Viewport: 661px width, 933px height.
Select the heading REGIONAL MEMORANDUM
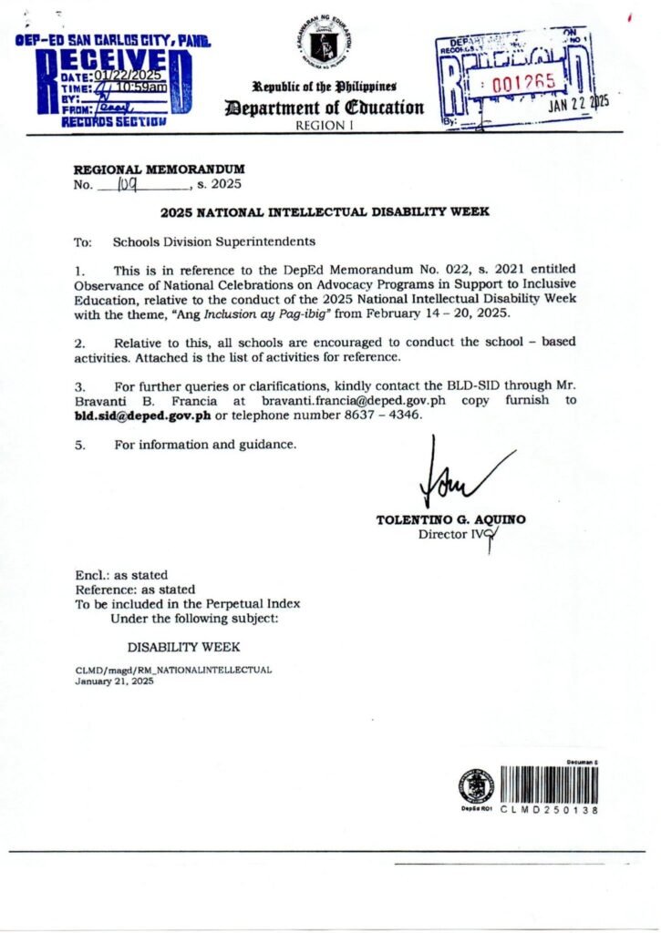(x=159, y=169)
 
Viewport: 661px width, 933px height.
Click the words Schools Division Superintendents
(x=214, y=242)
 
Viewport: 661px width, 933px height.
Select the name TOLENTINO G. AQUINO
(x=450, y=520)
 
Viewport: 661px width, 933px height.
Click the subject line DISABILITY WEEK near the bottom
(x=183, y=647)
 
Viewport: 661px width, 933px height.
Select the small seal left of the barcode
(x=476, y=785)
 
